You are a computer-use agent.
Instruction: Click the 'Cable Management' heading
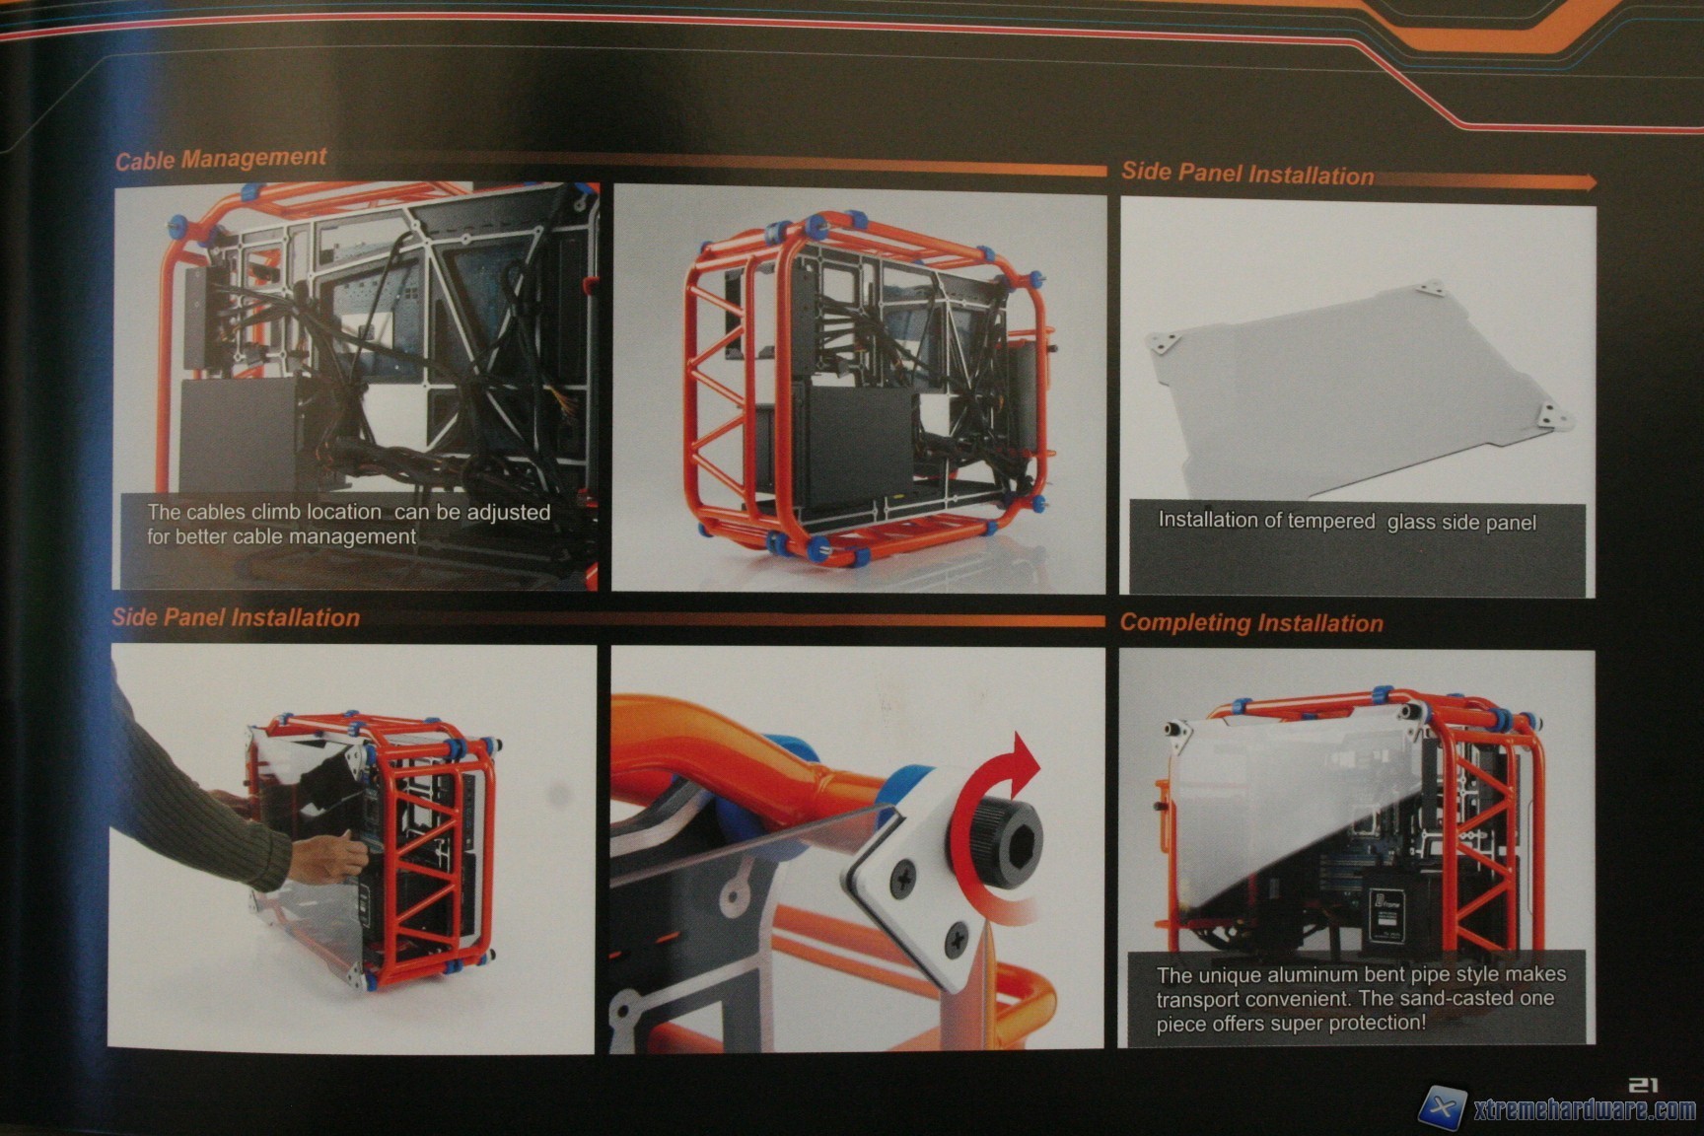click(x=221, y=159)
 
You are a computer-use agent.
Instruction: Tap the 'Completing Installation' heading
click(x=1251, y=623)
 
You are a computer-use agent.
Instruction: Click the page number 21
click(x=1643, y=1085)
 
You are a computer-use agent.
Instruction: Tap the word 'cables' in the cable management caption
click(x=215, y=513)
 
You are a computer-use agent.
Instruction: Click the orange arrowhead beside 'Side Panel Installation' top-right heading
click(x=1585, y=181)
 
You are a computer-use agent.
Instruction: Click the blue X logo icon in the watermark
click(x=1442, y=1111)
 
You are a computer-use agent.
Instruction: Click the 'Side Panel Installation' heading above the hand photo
click(x=236, y=618)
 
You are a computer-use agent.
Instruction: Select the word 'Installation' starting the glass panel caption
click(x=1207, y=520)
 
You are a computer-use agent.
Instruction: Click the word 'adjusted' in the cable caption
click(x=508, y=513)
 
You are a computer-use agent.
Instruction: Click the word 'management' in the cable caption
click(x=359, y=537)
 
